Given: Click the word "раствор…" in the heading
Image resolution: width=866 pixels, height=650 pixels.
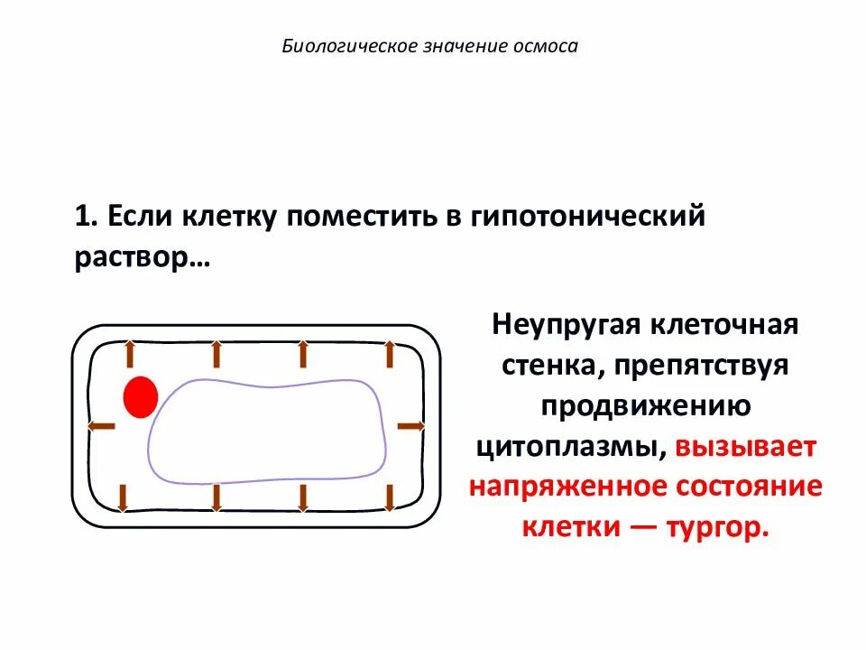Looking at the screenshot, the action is coord(141,257).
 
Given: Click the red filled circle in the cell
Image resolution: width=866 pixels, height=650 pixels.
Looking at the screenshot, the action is coord(141,397).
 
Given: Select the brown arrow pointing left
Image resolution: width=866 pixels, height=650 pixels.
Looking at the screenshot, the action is coord(102,425).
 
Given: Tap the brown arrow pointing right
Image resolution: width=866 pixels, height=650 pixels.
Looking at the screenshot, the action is coord(411,425).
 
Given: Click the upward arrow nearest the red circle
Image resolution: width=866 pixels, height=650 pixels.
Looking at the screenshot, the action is coord(129,353).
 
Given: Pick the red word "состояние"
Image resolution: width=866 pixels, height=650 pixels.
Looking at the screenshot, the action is coord(749,487).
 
